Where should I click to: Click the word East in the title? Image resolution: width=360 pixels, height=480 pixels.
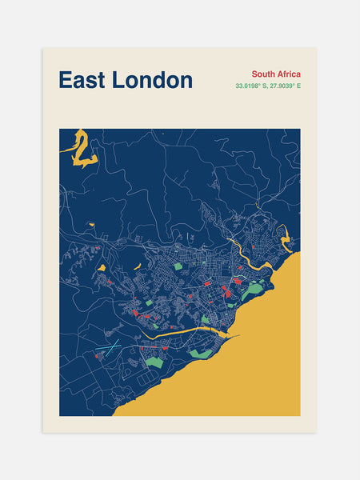point(82,80)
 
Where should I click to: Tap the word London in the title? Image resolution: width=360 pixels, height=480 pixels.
point(152,80)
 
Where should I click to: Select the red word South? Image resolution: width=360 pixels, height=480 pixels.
point(265,74)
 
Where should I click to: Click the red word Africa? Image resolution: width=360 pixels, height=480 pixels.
point(289,74)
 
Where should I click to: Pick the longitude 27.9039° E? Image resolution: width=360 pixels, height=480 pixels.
point(284,86)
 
